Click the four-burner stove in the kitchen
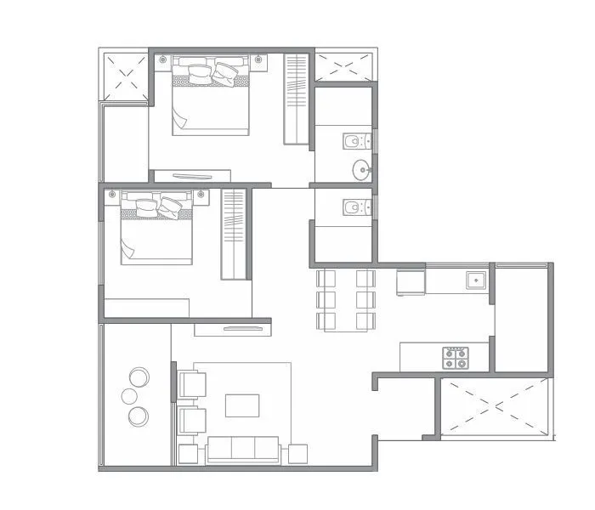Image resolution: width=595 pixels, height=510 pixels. click(456, 358)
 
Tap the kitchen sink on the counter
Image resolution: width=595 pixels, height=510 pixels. click(475, 279)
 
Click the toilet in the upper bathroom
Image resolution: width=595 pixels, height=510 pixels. click(354, 139)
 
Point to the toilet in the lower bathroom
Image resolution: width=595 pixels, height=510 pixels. click(354, 207)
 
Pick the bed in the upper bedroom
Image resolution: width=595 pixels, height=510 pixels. click(211, 98)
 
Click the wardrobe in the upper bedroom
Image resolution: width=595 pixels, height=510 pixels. click(295, 99)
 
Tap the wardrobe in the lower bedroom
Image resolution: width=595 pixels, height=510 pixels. click(233, 235)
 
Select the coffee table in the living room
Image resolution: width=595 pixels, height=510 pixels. click(242, 405)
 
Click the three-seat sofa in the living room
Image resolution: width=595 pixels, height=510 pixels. click(243, 450)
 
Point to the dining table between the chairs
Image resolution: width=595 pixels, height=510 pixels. click(346, 299)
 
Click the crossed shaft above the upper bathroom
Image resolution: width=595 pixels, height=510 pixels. click(344, 66)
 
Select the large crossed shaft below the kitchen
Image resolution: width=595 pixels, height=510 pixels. click(493, 406)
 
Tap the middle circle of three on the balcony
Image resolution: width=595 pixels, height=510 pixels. click(130, 396)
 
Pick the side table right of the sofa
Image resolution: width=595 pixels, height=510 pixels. click(297, 454)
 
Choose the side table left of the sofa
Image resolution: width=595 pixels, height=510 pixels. click(188, 454)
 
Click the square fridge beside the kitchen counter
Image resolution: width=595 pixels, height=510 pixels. click(411, 281)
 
